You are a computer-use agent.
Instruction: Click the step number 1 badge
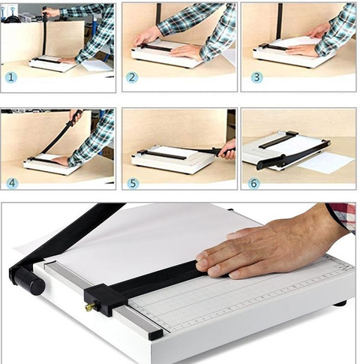(x=10, y=77)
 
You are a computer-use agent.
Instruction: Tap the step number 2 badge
(x=132, y=77)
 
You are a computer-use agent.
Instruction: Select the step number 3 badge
(x=256, y=77)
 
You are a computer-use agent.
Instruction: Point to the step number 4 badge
(x=12, y=183)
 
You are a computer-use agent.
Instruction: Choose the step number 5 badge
(x=133, y=183)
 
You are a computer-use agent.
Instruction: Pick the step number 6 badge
(x=253, y=183)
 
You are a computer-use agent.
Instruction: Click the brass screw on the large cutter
(x=90, y=306)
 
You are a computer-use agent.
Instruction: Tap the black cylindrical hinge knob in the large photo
(x=28, y=281)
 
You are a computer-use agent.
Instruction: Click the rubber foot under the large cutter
(x=340, y=303)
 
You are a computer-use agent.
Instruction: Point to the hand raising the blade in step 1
(x=50, y=12)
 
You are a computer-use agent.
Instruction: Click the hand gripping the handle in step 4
(x=75, y=116)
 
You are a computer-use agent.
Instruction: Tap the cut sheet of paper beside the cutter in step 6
(x=326, y=163)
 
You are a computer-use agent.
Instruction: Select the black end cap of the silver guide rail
(x=155, y=334)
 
